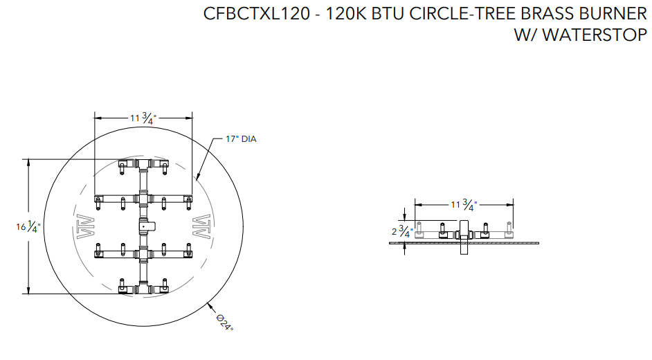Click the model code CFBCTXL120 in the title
coord(257,14)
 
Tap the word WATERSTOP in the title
coord(595,35)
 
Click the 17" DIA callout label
coord(241,139)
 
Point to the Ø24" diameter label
coord(225,322)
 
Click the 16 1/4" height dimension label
coord(28,227)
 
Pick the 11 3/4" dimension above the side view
coord(464,204)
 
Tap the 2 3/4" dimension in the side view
coord(402,231)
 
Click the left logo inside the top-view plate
coord(86,227)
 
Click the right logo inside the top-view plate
coord(201,226)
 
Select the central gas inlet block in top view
coord(146,226)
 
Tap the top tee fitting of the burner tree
coord(143,163)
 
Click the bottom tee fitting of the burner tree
coord(143,289)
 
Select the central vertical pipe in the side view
coord(464,237)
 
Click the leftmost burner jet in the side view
coord(419,228)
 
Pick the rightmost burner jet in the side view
coord(509,228)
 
